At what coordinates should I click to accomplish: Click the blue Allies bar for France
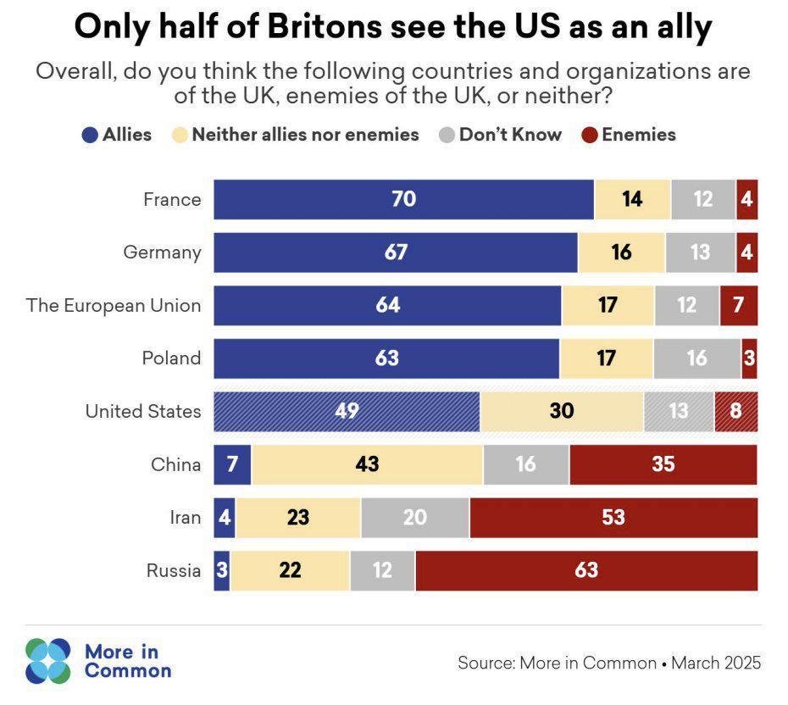[x=403, y=200]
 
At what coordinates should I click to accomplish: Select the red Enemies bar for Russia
[x=586, y=570]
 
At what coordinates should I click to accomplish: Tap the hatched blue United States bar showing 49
[x=347, y=412]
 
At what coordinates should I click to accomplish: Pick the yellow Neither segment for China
[x=367, y=464]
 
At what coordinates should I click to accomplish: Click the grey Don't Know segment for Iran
[x=414, y=518]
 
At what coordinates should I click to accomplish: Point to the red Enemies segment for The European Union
[x=738, y=306]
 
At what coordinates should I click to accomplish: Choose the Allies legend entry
[x=117, y=135]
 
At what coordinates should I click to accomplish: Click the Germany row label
[x=162, y=253]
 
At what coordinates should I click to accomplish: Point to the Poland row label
[x=172, y=358]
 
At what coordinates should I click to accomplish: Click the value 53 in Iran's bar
[x=613, y=518]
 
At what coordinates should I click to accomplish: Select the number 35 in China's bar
[x=663, y=464]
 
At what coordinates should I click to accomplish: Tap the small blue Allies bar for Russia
[x=222, y=570]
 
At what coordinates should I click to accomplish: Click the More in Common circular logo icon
[x=48, y=661]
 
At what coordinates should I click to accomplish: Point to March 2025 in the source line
[x=716, y=663]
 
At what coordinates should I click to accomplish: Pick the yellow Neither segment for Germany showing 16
[x=621, y=253]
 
